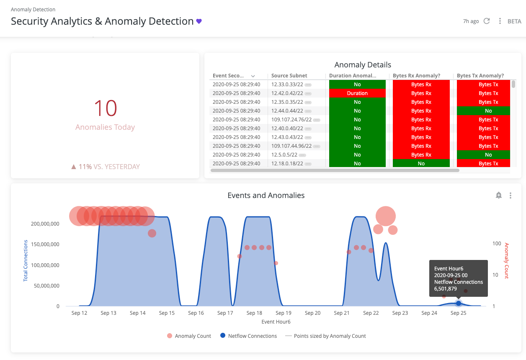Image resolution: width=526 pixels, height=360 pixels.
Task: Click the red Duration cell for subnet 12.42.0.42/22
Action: (357, 93)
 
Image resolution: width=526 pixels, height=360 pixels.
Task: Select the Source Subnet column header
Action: (289, 76)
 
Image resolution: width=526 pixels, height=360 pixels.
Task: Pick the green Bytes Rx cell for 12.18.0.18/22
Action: (421, 164)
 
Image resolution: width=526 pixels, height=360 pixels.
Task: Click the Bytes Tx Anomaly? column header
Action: (480, 76)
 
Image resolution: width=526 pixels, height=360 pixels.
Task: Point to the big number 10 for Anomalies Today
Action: (105, 108)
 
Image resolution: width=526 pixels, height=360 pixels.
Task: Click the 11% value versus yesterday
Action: (85, 167)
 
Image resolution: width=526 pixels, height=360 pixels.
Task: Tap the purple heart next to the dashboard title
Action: (199, 21)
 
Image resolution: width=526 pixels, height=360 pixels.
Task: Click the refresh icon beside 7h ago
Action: (487, 21)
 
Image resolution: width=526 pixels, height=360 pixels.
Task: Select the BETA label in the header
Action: (514, 21)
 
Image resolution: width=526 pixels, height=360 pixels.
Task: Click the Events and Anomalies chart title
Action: (266, 195)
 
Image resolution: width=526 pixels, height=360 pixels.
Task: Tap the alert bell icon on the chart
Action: (499, 195)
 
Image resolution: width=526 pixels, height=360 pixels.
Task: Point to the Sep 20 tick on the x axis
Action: (312, 313)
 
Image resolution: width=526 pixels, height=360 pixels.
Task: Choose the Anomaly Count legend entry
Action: (189, 336)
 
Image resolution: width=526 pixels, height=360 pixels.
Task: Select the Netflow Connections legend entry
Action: (248, 336)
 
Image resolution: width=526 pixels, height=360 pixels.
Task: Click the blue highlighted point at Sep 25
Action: (459, 303)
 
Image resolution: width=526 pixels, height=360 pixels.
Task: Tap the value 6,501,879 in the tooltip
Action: (449, 289)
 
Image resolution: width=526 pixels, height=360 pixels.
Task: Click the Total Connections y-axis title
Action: (26, 260)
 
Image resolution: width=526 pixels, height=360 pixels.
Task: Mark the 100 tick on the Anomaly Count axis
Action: (497, 244)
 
